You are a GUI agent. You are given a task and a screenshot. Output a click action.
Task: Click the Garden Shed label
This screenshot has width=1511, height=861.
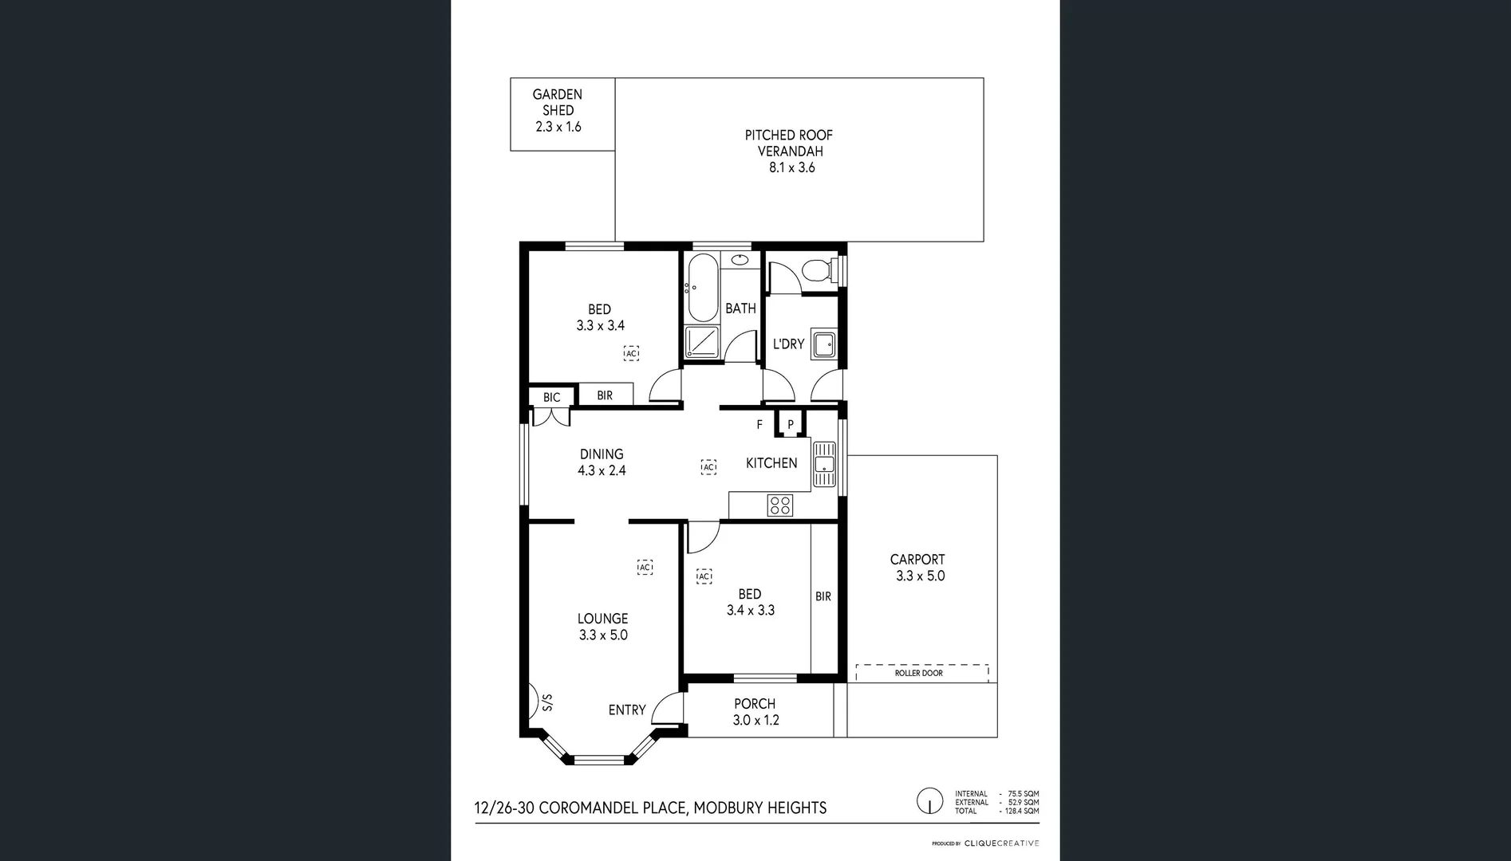(558, 102)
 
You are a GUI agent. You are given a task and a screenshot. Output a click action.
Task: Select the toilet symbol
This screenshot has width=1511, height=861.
(819, 270)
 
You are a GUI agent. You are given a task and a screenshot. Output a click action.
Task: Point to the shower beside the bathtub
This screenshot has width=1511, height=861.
(702, 342)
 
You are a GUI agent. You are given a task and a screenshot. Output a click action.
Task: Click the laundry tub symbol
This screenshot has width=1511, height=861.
(823, 345)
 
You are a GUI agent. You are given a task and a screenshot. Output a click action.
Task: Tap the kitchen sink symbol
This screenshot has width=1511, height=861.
(824, 464)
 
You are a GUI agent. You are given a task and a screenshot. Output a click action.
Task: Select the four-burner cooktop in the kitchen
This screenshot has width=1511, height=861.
(779, 505)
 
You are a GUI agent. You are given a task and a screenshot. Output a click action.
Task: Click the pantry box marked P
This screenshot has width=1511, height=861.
(791, 424)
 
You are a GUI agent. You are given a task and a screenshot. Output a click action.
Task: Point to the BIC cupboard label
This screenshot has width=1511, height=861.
(551, 397)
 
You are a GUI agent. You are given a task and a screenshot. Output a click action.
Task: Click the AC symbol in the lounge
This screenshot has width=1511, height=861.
(645, 567)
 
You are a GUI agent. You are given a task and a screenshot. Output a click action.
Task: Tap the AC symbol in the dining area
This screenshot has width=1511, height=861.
(708, 467)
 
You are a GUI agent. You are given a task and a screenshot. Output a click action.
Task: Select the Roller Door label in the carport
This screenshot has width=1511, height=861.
(919, 674)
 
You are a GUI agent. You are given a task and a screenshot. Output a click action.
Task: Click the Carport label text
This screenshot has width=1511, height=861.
(917, 560)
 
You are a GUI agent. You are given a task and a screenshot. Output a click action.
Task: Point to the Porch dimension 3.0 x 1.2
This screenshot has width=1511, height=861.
(755, 721)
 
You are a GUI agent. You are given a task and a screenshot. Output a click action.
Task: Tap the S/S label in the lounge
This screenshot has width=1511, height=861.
(547, 702)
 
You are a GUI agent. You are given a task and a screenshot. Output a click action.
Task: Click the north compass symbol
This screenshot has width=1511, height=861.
(929, 800)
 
